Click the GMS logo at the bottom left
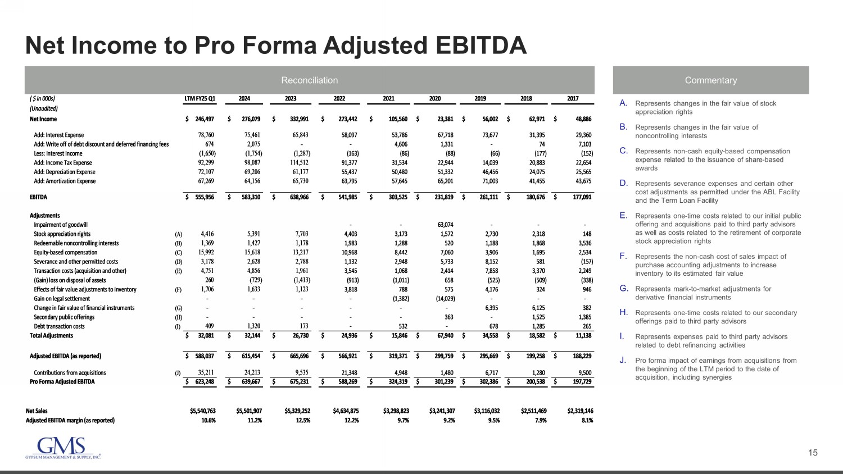tap(63, 448)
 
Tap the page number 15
tap(813, 453)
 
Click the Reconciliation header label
tap(309, 80)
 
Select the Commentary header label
tap(710, 80)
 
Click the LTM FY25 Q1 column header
tap(200, 99)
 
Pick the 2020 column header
tap(435, 99)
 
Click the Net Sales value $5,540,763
tap(203, 411)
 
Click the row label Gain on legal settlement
tap(62, 299)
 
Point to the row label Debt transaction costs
tap(59, 326)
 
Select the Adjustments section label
tap(44, 216)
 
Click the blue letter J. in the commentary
tap(623, 361)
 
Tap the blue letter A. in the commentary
tap(623, 103)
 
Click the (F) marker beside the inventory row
tap(179, 290)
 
